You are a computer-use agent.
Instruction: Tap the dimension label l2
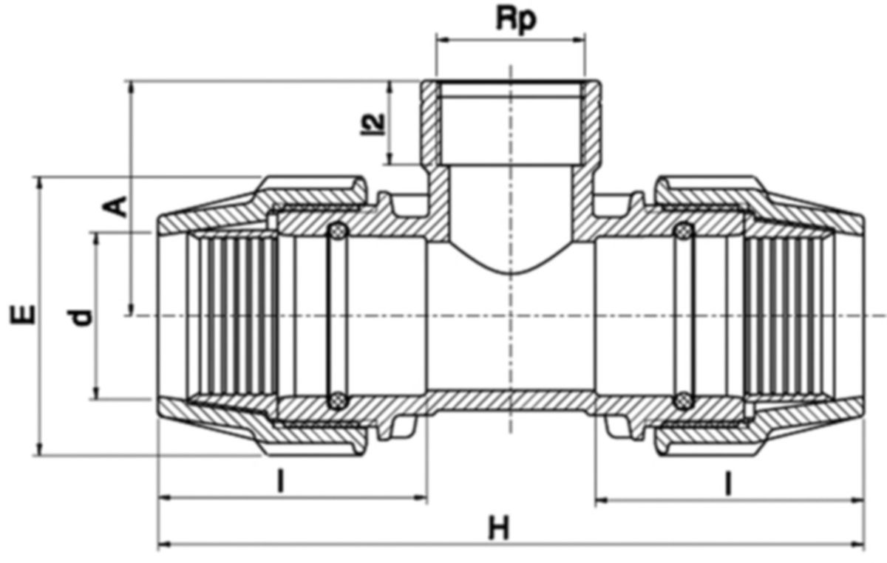[376, 123]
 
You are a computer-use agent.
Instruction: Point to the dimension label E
[22, 315]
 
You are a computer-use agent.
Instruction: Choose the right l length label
[728, 484]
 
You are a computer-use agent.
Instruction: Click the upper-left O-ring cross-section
[337, 232]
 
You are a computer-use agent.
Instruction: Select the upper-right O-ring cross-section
[684, 232]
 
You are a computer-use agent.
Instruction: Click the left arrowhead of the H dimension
[164, 545]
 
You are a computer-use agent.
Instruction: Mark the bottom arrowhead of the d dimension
[95, 394]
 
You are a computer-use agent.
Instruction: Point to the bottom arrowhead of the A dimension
[131, 310]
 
